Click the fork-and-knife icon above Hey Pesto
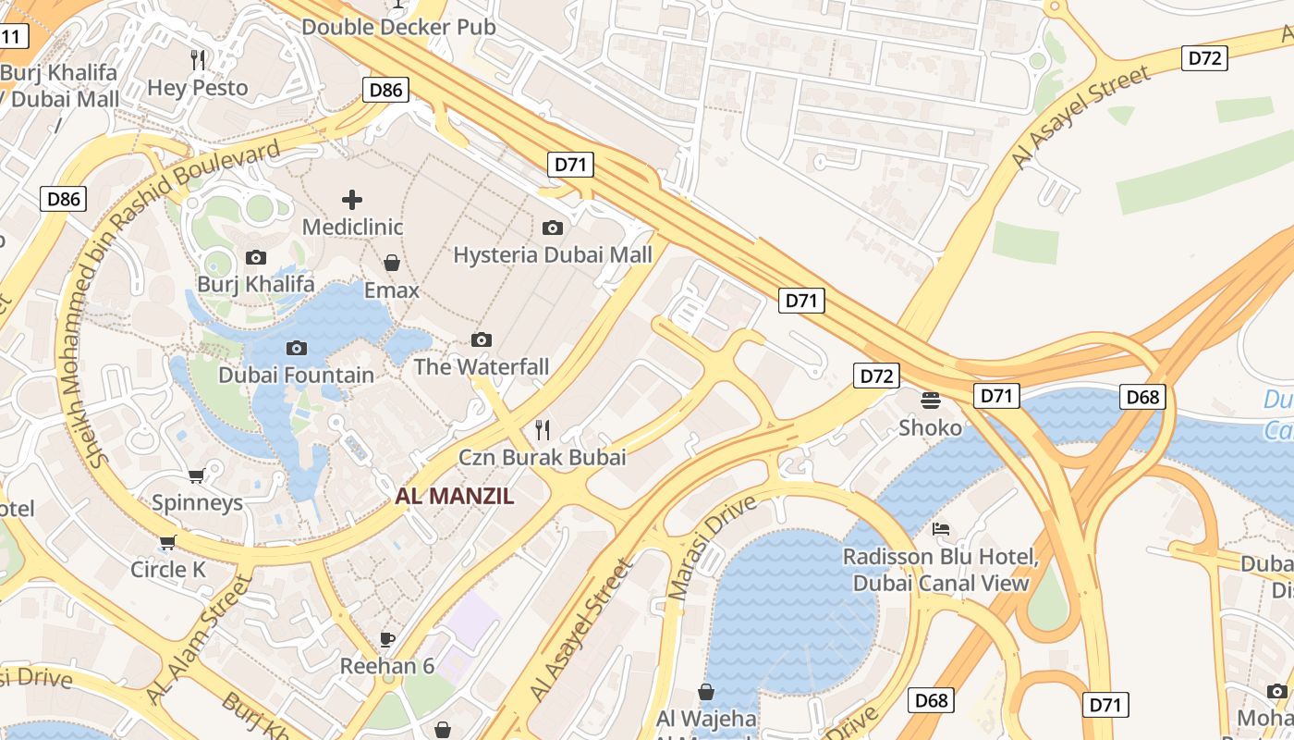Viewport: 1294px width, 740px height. coord(197,60)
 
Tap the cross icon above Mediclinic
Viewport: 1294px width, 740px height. coord(352,199)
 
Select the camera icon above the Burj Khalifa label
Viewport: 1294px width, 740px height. coord(256,257)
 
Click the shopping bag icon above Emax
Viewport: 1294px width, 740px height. coord(392,263)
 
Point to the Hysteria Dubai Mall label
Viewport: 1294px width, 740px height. coord(553,254)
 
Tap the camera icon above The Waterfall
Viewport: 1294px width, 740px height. coord(482,339)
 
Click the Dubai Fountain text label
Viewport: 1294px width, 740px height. coord(296,375)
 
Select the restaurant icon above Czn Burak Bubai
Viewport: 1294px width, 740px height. coord(543,429)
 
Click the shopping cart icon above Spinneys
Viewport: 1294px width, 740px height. coord(197,475)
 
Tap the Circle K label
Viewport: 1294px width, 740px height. coord(168,569)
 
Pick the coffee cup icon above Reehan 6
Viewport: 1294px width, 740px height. coord(387,639)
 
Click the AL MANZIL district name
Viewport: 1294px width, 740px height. coord(454,496)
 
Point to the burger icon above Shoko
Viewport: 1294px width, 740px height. coord(931,400)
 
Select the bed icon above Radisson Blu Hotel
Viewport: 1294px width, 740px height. coord(941,529)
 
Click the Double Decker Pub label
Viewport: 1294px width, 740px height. coord(398,27)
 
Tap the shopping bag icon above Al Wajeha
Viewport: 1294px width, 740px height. coord(706,691)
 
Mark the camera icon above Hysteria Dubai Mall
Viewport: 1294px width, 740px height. coord(553,228)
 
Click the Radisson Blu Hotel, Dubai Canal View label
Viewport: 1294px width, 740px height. coord(941,571)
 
